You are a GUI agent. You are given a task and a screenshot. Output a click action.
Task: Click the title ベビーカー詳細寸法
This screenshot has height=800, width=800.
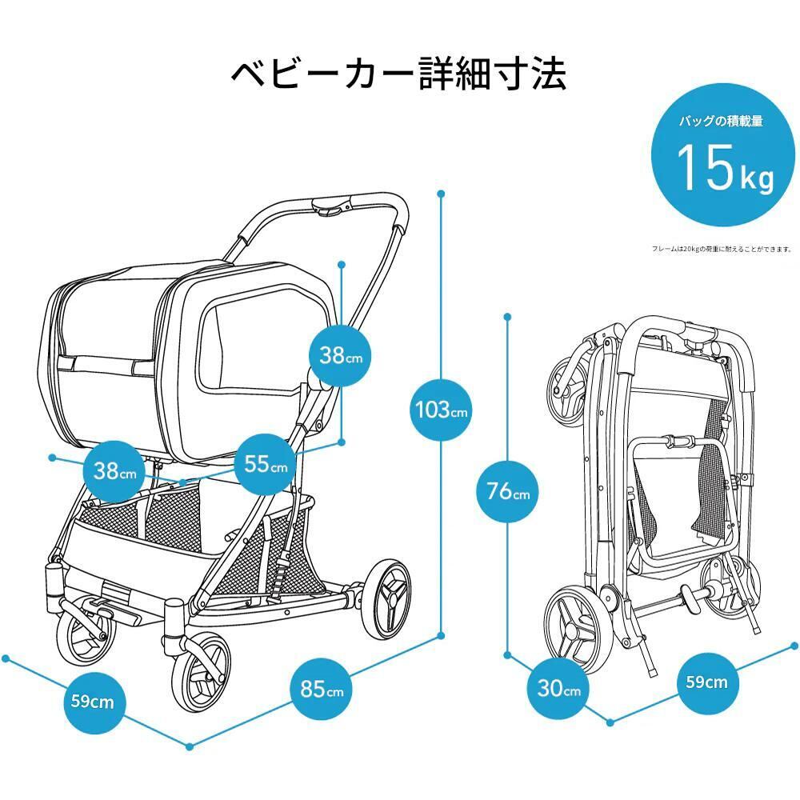click(x=398, y=74)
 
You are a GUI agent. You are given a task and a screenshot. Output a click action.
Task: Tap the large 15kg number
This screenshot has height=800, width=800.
click(x=725, y=168)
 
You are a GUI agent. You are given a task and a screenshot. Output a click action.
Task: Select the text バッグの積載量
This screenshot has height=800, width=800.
click(x=722, y=122)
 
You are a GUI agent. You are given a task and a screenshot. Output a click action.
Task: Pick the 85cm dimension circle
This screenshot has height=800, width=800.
click(x=322, y=690)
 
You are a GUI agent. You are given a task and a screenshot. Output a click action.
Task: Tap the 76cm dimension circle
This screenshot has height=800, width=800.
click(x=508, y=491)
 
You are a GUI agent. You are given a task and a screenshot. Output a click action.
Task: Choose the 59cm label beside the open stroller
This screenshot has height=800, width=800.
click(x=92, y=702)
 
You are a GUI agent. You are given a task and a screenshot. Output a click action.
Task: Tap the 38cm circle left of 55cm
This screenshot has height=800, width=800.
click(x=115, y=471)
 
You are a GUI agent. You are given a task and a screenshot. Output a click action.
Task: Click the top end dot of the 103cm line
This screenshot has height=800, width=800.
click(x=440, y=193)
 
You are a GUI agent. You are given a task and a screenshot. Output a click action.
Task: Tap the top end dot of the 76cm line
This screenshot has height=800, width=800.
click(x=507, y=317)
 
